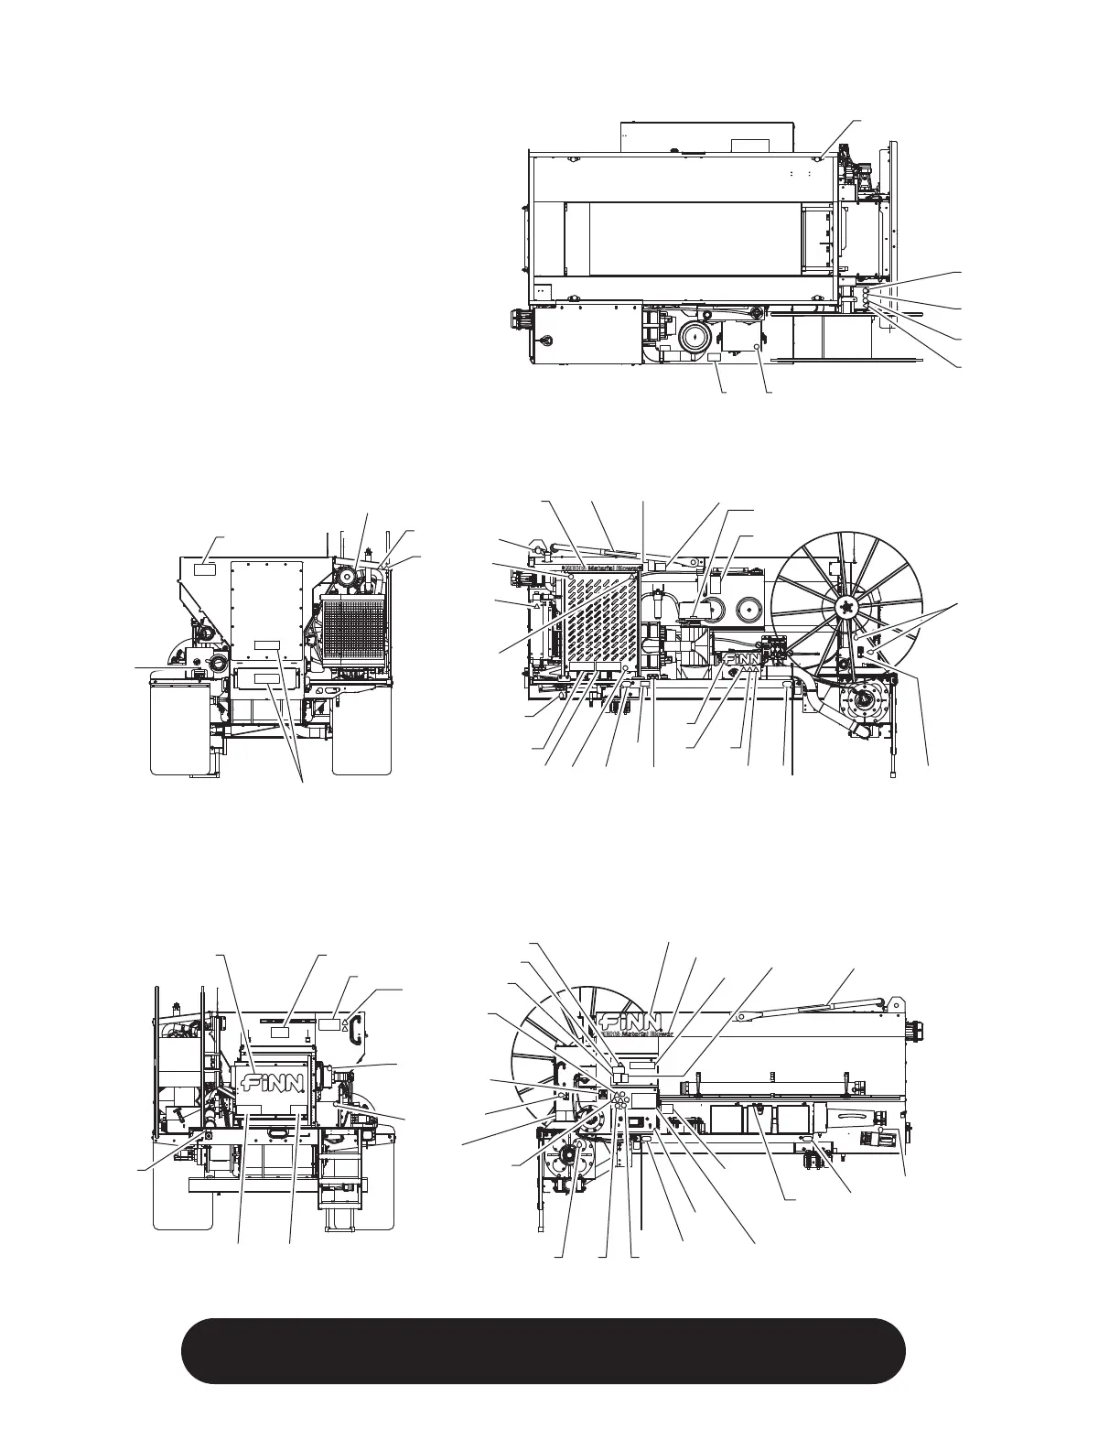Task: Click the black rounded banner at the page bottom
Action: click(x=544, y=1351)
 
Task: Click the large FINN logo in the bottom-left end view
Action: click(x=272, y=1086)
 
